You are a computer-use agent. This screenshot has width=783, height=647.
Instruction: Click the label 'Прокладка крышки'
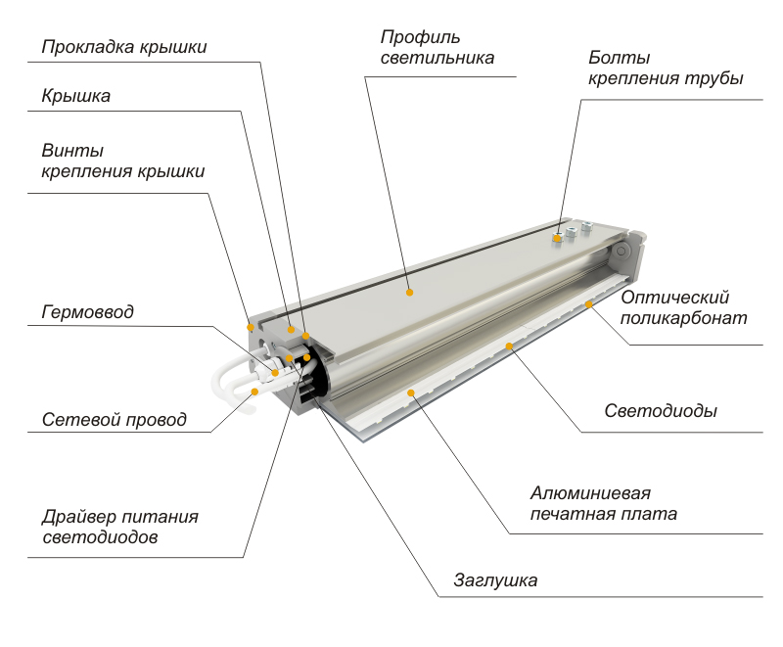(124, 47)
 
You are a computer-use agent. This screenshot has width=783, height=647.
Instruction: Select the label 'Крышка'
(76, 96)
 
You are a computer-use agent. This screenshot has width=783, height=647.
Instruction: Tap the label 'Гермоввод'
(88, 312)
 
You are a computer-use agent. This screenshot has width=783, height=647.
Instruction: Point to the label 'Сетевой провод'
(115, 419)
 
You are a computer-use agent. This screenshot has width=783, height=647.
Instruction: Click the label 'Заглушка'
(495, 580)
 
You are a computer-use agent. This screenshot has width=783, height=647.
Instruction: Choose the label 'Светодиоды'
(661, 411)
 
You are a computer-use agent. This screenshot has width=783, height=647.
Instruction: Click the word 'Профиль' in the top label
(421, 37)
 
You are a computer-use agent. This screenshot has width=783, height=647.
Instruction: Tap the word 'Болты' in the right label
(620, 58)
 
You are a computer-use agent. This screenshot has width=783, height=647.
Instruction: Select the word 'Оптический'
(675, 298)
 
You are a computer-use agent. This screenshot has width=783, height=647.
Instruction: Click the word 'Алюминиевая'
(591, 493)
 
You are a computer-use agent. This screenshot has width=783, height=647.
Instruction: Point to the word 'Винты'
(72, 151)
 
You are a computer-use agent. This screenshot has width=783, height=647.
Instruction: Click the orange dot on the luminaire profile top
(409, 293)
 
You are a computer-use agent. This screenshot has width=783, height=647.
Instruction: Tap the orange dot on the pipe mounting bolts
(557, 238)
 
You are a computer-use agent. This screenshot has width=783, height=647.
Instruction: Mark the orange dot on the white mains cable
(254, 392)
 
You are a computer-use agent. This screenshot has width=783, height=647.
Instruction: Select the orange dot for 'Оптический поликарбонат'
(589, 304)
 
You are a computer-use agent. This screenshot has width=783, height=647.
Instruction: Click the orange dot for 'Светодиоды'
(509, 346)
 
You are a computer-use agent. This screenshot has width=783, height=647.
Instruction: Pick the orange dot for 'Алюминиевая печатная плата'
(411, 393)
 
